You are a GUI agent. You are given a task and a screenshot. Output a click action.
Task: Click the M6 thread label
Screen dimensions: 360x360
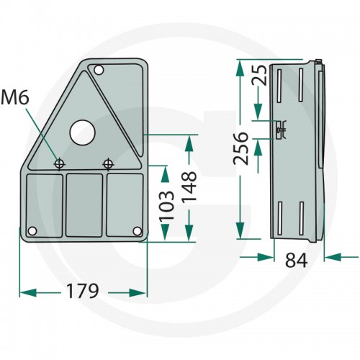(15, 98)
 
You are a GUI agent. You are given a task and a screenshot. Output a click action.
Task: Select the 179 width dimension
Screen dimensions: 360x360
(82, 291)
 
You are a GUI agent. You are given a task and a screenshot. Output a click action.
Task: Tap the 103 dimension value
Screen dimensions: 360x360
(167, 206)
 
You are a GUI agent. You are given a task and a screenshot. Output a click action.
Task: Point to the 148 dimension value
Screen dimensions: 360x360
(189, 186)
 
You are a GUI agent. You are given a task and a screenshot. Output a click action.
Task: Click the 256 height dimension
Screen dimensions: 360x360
(240, 148)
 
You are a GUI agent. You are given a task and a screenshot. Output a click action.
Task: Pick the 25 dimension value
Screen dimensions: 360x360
(259, 75)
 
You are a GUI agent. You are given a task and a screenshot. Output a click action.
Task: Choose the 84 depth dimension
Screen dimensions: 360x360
(296, 261)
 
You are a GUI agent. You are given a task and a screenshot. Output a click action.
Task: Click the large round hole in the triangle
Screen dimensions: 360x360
(82, 132)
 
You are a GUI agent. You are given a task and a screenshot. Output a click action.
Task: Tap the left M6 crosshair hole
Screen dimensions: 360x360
(59, 164)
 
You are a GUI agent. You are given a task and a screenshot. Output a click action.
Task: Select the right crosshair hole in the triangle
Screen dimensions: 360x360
(108, 164)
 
